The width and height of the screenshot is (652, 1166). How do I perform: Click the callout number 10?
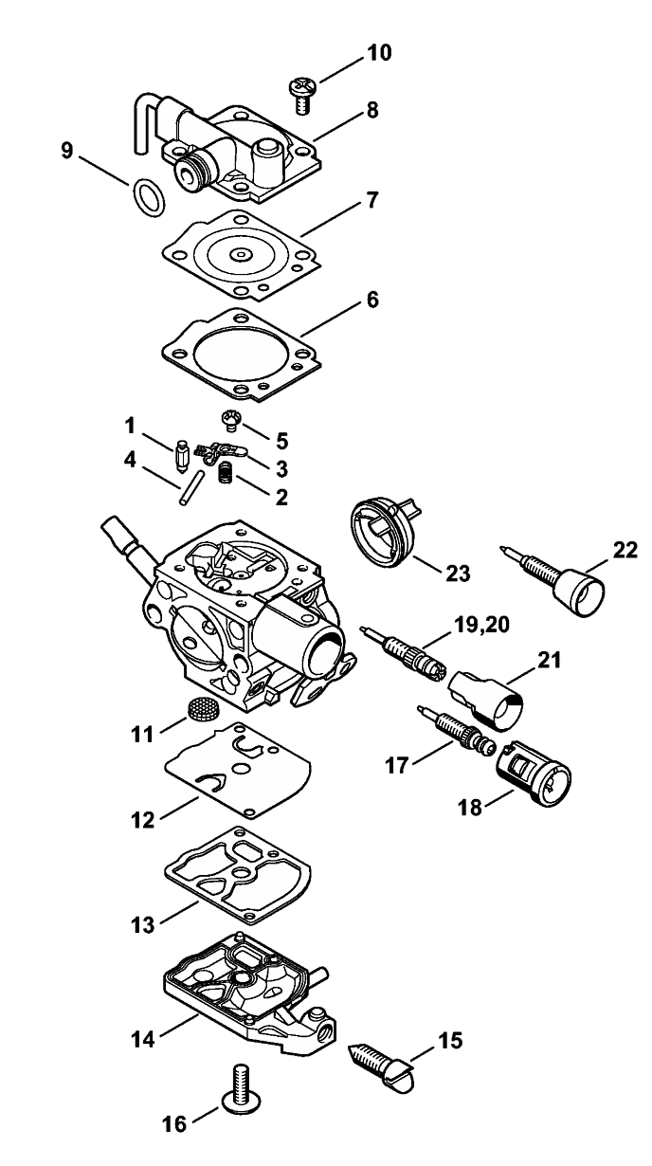coord(379,52)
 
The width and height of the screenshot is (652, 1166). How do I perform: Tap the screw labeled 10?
coord(300,95)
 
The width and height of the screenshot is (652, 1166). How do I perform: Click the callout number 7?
coord(371,200)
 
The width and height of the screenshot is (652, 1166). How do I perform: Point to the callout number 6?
coord(372,301)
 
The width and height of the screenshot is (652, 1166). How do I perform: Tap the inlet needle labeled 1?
coord(182,454)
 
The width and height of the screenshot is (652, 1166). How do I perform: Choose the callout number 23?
coord(459,574)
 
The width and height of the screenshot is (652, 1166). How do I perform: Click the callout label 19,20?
coord(481,625)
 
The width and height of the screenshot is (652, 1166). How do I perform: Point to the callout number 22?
coord(625,550)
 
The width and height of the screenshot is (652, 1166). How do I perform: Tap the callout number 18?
coord(470,809)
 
